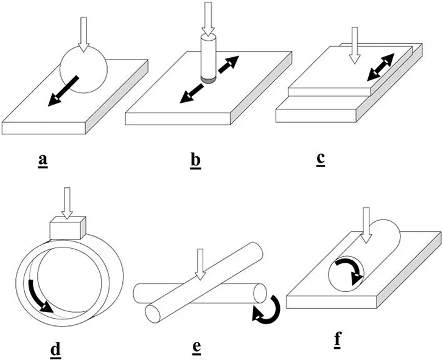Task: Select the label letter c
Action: click(x=320, y=159)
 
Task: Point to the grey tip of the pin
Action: click(x=209, y=78)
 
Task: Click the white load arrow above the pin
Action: click(x=209, y=17)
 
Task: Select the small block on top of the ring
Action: click(x=67, y=230)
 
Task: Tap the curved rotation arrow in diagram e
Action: click(x=265, y=306)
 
